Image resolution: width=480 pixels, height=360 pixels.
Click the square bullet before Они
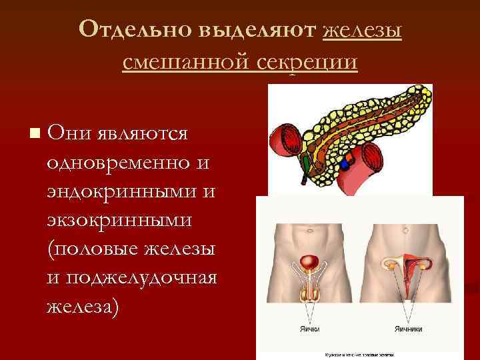(34, 133)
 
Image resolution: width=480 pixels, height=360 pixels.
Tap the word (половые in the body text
(87, 248)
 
